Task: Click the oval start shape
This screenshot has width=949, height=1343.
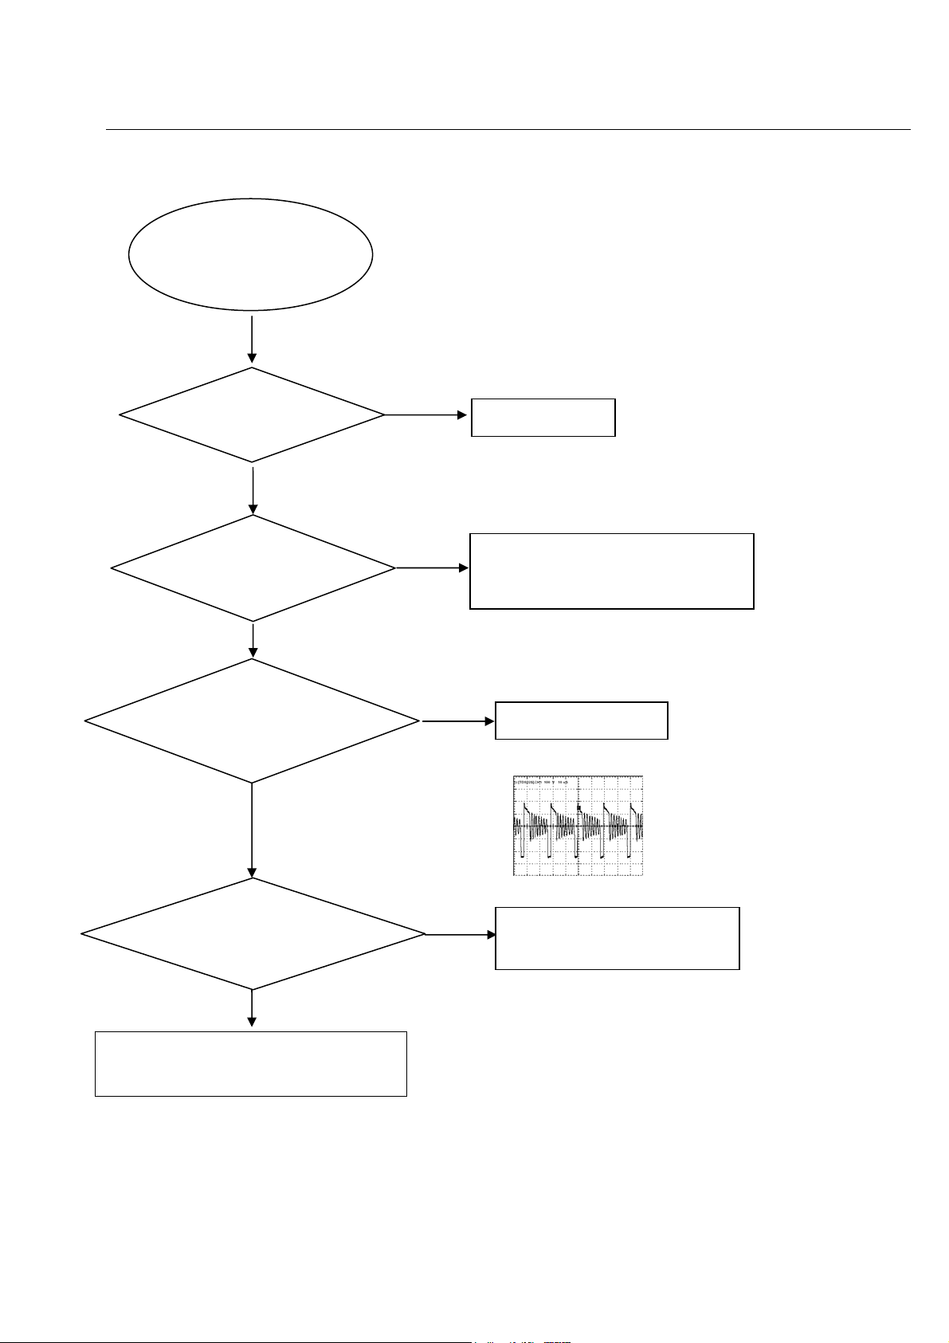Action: coord(251,254)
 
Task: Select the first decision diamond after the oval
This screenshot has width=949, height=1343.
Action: coord(252,414)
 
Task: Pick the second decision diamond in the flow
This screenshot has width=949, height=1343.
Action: coord(253,568)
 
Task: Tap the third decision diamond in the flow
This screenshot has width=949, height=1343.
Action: coord(252,721)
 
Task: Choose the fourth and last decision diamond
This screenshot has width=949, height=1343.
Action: coord(253,934)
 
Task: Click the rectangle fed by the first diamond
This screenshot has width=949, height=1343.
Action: coord(543,417)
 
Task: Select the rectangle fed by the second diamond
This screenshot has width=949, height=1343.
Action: coord(611,571)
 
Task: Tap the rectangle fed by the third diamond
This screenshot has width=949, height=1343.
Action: coord(581,721)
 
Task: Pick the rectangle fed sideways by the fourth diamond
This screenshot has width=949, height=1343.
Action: coord(617,937)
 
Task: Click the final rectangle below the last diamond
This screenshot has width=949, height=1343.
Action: coord(251,1063)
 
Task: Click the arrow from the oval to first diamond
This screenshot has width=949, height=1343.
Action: coord(252,339)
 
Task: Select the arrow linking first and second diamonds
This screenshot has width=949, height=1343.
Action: coord(253,489)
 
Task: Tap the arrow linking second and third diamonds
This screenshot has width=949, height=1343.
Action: coord(253,639)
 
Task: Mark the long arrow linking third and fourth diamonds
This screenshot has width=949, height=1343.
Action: coord(252,830)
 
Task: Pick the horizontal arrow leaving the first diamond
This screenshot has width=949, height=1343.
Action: coord(426,415)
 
